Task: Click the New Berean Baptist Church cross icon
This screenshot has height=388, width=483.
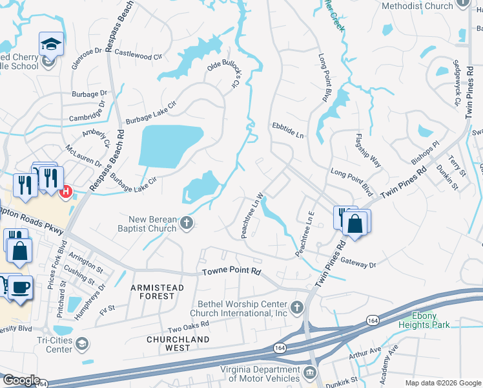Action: click(187, 224)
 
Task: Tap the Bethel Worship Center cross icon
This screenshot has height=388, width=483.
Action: click(297, 306)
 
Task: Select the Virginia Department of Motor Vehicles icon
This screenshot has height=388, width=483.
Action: click(309, 372)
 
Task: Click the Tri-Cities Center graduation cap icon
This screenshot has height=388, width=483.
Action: click(81, 345)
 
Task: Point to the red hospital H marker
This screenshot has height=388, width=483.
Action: click(65, 191)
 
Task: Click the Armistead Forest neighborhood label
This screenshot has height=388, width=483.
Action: click(157, 292)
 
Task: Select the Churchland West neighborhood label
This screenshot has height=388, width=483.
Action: click(178, 343)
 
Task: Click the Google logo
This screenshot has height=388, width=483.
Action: click(21, 380)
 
